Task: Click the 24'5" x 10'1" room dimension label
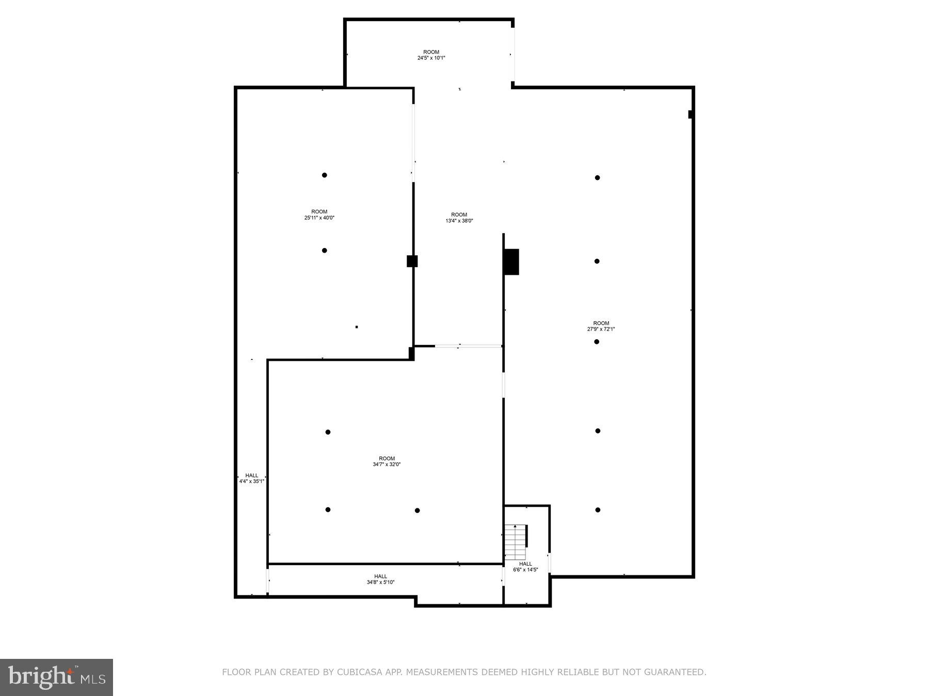pyautogui.click(x=431, y=58)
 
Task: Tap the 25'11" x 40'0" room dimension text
pyautogui.click(x=319, y=218)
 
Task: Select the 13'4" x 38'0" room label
pyautogui.click(x=459, y=221)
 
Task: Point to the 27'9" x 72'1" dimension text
pyautogui.click(x=601, y=329)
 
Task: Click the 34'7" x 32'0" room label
pyautogui.click(x=387, y=465)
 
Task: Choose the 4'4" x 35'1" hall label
pyautogui.click(x=251, y=482)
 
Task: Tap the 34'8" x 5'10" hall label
pyautogui.click(x=380, y=583)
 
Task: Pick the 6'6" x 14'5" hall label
pyautogui.click(x=525, y=570)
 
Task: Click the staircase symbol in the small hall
pyautogui.click(x=516, y=542)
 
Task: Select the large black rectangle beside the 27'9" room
pyautogui.click(x=511, y=262)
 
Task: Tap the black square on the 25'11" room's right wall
pyautogui.click(x=412, y=261)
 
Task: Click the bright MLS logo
pyautogui.click(x=56, y=677)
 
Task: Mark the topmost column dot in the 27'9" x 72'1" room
pyautogui.click(x=597, y=178)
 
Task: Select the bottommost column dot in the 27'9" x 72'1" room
pyautogui.click(x=598, y=510)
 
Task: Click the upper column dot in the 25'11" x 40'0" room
pyautogui.click(x=325, y=175)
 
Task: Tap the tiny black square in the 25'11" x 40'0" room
pyautogui.click(x=357, y=327)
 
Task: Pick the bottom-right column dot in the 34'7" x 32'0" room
pyautogui.click(x=417, y=510)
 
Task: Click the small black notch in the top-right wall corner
pyautogui.click(x=691, y=114)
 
